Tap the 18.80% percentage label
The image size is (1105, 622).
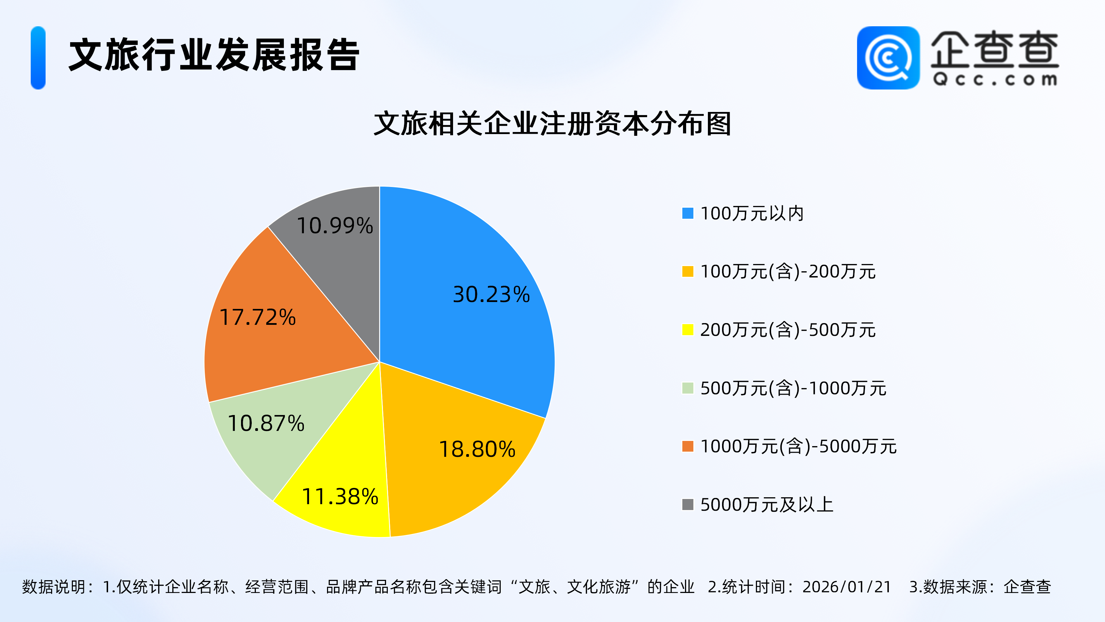[x=477, y=450]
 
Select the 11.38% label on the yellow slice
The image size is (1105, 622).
[x=340, y=497]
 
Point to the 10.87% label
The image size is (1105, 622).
[x=266, y=423]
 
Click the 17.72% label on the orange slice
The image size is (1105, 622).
[x=257, y=317]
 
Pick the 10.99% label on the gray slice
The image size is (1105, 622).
[x=335, y=226]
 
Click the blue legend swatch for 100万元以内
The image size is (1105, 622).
[x=688, y=213]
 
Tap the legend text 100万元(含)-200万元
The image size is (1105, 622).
[x=788, y=272]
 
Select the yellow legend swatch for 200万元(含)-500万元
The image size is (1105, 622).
[x=688, y=330]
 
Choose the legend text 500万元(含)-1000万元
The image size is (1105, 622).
[x=793, y=388]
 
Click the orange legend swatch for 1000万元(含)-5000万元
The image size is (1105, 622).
[x=688, y=446]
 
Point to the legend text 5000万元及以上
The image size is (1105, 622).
[x=767, y=505]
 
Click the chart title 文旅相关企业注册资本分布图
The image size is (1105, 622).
[x=552, y=124]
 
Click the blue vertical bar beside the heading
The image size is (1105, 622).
[x=38, y=58]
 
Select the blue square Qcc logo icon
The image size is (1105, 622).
[x=888, y=58]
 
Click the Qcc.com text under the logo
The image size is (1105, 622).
[x=995, y=80]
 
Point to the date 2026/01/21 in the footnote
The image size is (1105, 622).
[x=846, y=587]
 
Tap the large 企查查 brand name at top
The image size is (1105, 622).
[x=995, y=49]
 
